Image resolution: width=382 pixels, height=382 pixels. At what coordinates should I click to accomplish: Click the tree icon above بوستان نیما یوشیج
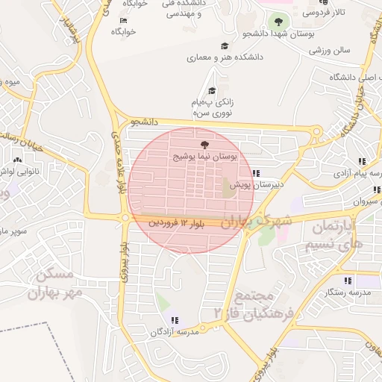(204, 145)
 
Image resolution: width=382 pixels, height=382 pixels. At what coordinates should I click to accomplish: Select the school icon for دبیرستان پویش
(257, 173)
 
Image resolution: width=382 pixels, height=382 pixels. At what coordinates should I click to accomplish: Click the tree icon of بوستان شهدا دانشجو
(278, 22)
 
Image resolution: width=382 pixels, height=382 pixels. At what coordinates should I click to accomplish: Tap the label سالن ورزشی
(331, 51)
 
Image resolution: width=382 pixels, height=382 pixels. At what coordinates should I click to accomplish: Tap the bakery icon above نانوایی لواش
(17, 158)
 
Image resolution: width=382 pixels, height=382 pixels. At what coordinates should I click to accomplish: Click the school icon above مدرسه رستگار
(348, 281)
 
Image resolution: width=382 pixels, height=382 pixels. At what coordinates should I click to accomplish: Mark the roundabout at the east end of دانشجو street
(316, 131)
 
